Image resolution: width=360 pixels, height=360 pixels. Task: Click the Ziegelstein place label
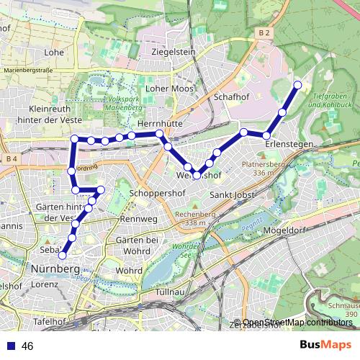(174, 52)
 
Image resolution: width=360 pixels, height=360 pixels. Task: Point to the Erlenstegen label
(289, 145)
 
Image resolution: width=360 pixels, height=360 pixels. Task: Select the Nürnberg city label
(56, 269)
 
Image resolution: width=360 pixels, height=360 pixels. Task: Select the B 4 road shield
(9, 158)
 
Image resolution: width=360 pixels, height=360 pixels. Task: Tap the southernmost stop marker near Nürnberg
(63, 255)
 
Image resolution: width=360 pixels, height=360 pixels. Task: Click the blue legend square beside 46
(11, 346)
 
